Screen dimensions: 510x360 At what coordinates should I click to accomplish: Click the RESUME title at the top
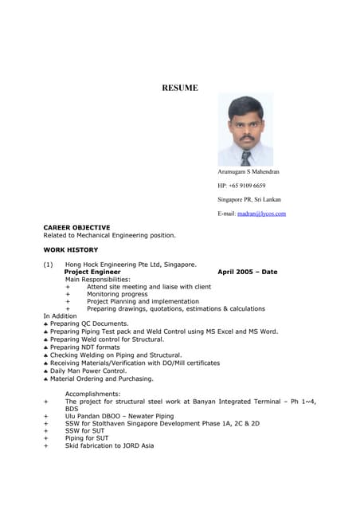coord(180,88)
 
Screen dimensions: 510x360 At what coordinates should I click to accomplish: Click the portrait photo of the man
coord(245,130)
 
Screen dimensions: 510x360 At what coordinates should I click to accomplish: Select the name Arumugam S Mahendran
coord(248,171)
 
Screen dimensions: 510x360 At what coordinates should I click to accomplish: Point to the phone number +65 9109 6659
coord(241,186)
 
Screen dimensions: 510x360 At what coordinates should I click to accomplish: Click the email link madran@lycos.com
coord(261,214)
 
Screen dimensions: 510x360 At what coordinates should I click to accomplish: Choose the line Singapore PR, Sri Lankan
coord(248,199)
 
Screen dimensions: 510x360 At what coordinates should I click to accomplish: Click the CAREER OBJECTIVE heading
coord(76,227)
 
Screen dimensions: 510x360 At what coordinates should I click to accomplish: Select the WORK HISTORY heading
coord(71,249)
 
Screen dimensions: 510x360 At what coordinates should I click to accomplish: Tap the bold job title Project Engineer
coord(92,272)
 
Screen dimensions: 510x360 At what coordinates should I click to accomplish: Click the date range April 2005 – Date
coord(248,272)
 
